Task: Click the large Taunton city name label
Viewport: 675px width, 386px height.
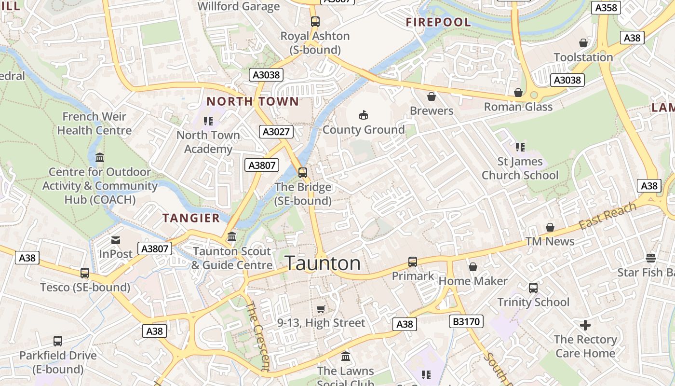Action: [323, 263]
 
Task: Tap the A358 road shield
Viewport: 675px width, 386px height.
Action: [606, 7]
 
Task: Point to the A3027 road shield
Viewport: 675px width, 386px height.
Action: [276, 132]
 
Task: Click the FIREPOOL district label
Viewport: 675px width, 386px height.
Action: [438, 22]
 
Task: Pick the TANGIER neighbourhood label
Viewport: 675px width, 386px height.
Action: [191, 218]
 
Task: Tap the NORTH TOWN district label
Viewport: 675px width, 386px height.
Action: [253, 101]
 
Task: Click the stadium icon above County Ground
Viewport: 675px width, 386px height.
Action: [364, 115]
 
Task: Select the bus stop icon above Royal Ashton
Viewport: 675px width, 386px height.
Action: [315, 21]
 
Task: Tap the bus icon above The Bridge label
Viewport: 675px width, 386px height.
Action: [303, 172]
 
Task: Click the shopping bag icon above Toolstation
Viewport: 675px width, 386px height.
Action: [583, 43]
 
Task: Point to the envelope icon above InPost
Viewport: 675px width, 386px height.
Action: [116, 240]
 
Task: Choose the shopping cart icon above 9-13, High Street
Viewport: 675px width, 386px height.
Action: [321, 309]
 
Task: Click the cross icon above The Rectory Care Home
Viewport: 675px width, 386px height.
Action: [585, 325]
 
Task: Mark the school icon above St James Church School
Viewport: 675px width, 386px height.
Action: [520, 147]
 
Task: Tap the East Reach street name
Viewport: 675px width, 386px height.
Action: [607, 216]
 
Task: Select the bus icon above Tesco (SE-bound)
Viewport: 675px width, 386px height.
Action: [85, 273]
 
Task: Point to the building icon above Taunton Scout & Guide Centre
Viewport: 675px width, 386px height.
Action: [232, 236]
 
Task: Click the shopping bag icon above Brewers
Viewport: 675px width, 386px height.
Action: [432, 96]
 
